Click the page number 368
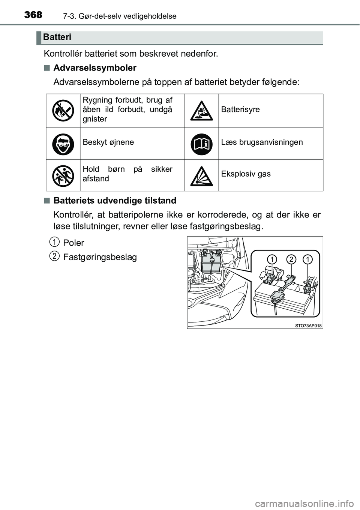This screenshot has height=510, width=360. coord(33,15)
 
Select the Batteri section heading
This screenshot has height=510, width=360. coord(57,37)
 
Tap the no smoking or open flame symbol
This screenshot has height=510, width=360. coord(63,111)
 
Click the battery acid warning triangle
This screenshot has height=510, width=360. coord(201,111)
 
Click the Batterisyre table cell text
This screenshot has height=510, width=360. coord(240,109)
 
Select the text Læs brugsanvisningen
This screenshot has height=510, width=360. coord(262,142)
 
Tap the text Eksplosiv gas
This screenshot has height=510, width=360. coord(246,174)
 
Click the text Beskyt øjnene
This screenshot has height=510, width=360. coord(108,142)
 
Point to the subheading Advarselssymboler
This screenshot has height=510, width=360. coord(95,68)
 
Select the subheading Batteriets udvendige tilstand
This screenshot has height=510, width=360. coord(115,201)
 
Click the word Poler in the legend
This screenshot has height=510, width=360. coord(73,243)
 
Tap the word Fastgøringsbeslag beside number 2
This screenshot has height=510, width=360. coord(100,257)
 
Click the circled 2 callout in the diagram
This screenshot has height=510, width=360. coord(291,259)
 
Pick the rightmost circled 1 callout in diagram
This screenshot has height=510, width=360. coord(308,259)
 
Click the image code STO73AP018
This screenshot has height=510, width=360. coord(308,325)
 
